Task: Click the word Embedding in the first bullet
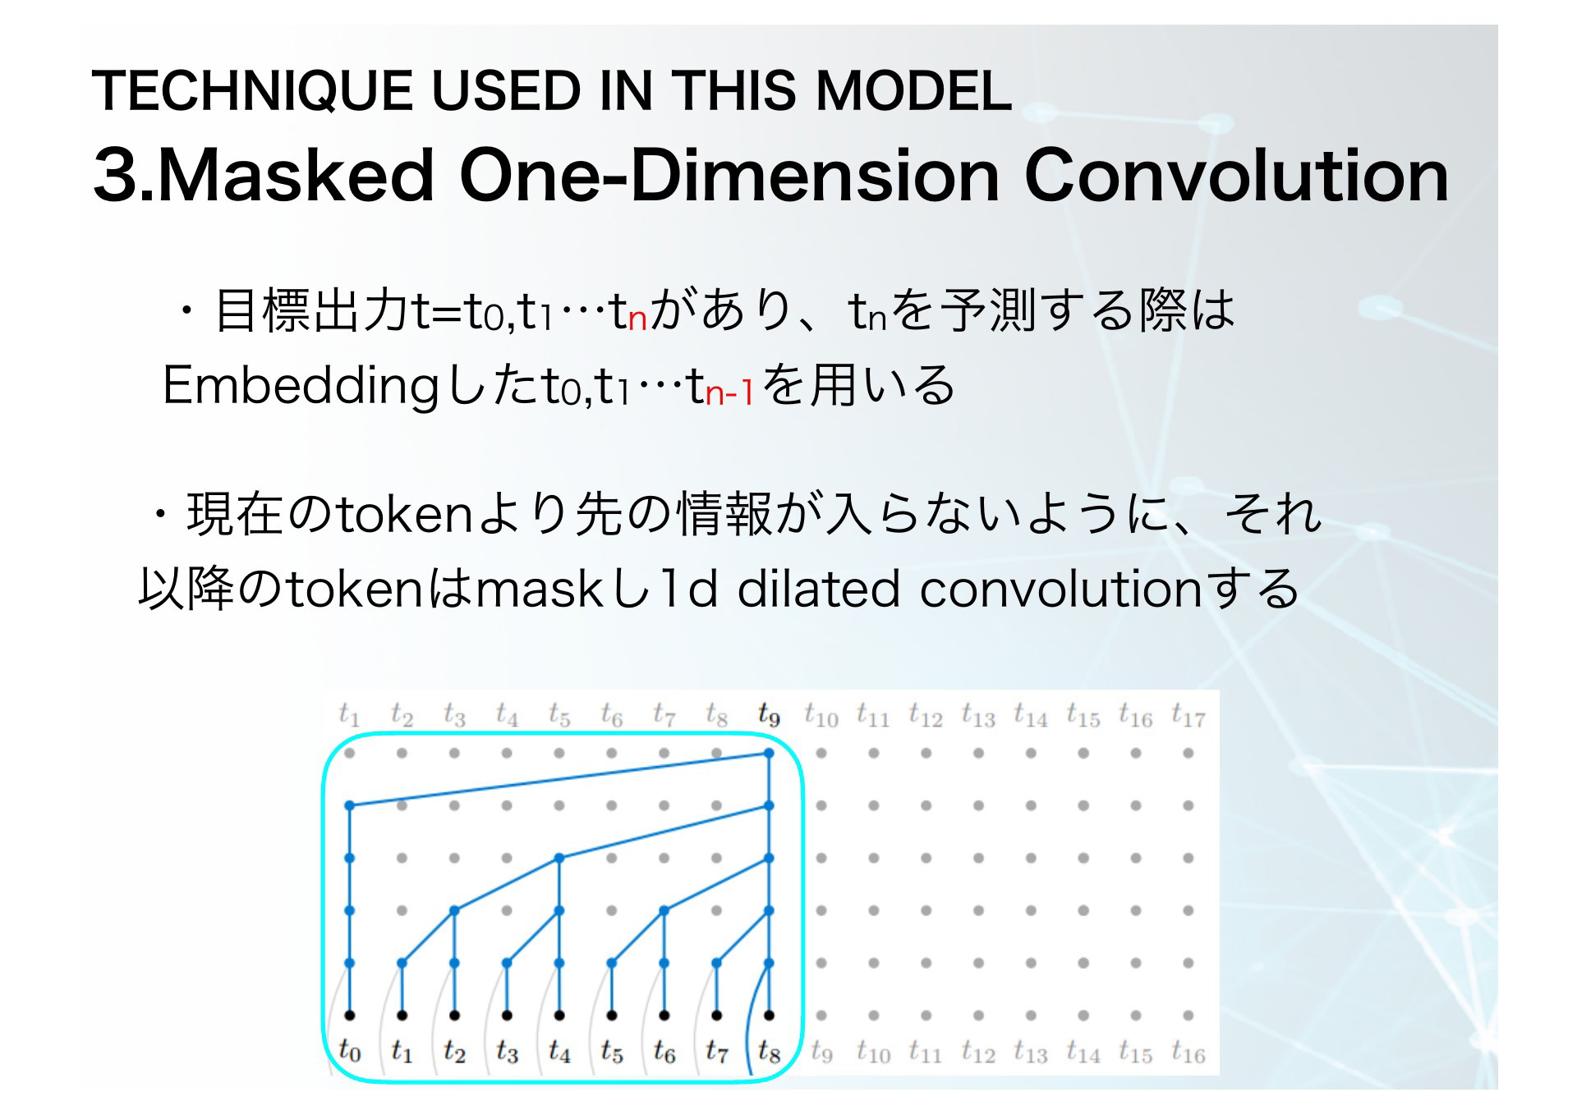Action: tap(301, 387)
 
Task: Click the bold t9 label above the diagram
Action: tap(769, 715)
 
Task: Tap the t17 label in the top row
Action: tap(1188, 715)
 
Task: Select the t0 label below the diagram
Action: tap(349, 1050)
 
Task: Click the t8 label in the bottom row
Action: tap(769, 1050)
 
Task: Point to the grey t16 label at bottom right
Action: tap(1188, 1050)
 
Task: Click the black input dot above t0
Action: tap(349, 1016)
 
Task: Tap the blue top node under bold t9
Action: tap(769, 753)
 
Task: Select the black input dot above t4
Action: tap(559, 1016)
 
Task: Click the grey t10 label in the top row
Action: tap(821, 715)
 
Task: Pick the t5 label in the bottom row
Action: tap(612, 1050)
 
